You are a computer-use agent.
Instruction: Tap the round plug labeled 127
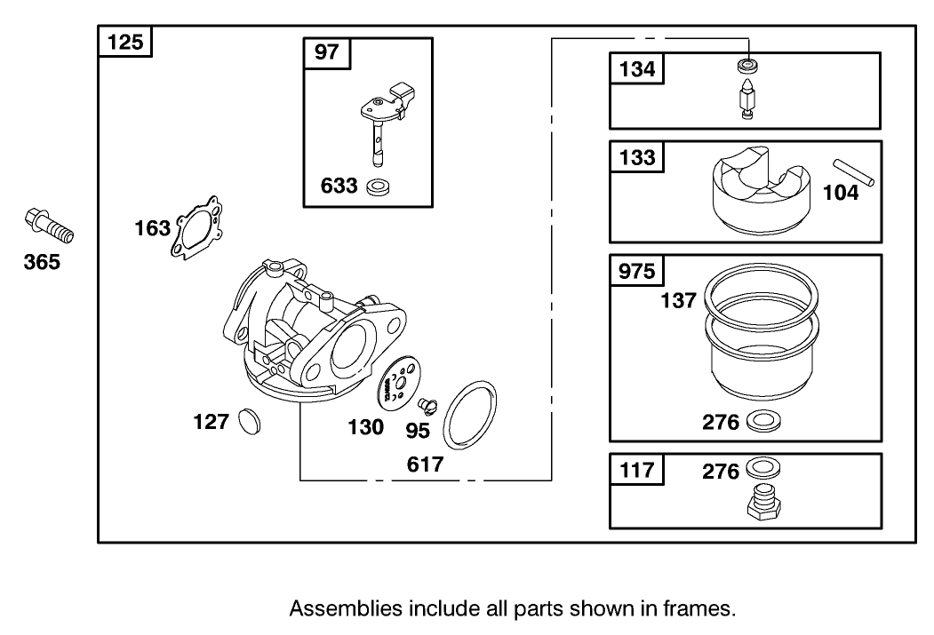tap(247, 422)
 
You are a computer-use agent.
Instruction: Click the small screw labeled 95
tap(427, 406)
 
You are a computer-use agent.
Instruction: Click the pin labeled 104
tap(854, 172)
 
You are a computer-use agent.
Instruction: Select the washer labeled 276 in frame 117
tap(761, 469)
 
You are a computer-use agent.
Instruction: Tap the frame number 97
tap(327, 52)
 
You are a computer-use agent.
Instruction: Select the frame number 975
tap(636, 271)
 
